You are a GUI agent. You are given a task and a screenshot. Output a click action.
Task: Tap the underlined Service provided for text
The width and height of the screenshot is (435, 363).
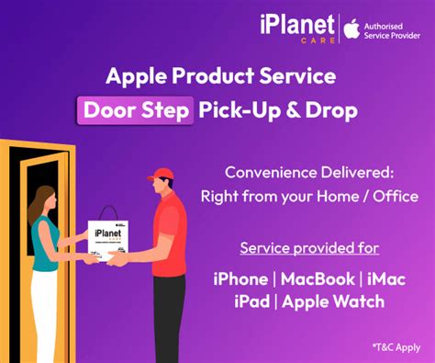click(x=309, y=248)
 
